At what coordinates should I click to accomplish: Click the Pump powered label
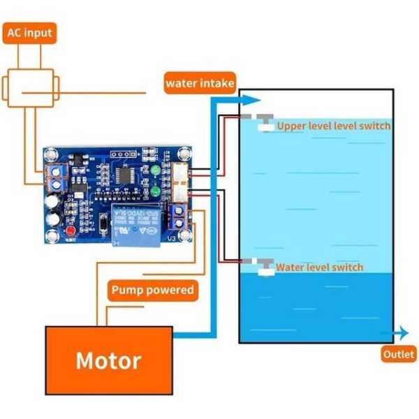coord(152,289)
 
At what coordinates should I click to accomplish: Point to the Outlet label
coord(398,355)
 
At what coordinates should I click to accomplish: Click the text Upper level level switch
coord(334,126)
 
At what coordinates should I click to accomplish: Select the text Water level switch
coord(319,267)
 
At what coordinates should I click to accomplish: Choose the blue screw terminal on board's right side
coord(177,217)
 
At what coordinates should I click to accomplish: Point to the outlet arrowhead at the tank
coord(404,333)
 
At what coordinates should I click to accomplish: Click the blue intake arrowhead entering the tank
coord(252,100)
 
